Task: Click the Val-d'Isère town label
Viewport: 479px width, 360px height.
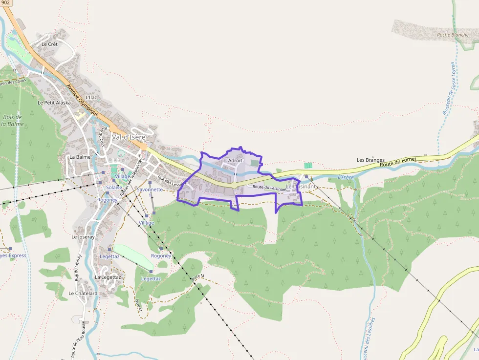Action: tap(129, 137)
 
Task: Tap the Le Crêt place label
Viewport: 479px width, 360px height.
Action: tap(49, 44)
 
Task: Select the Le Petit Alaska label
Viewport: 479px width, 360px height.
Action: tap(54, 103)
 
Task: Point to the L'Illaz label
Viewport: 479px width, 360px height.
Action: tap(91, 98)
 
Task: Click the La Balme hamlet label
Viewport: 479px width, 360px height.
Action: tap(80, 157)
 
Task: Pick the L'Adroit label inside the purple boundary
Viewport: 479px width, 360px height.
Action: tap(233, 160)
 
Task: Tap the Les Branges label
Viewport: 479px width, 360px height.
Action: tap(370, 160)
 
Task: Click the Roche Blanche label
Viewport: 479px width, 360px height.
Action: tap(453, 35)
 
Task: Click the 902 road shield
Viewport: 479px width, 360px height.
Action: tap(5, 2)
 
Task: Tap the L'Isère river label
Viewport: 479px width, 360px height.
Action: tap(346, 177)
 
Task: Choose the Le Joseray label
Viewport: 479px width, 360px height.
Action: tap(83, 237)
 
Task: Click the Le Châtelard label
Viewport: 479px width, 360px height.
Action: tap(83, 294)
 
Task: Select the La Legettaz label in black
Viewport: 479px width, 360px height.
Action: tap(108, 277)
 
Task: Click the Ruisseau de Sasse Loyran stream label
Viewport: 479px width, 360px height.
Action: tap(449, 88)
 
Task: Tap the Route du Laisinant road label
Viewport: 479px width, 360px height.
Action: tap(269, 188)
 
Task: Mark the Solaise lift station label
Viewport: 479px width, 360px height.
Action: tap(114, 188)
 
